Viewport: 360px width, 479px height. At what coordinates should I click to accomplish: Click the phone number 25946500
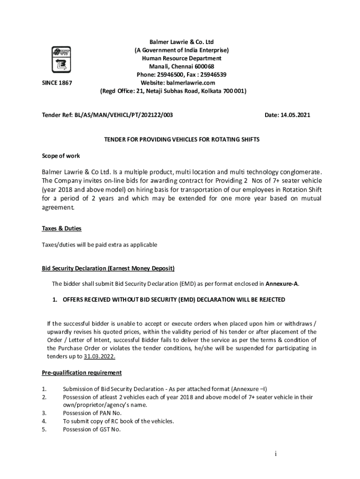[172, 75]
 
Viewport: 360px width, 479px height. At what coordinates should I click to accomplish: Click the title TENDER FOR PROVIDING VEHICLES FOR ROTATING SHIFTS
[181, 140]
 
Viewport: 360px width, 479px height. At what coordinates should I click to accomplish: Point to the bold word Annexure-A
[282, 283]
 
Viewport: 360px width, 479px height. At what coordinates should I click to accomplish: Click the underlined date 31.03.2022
[100, 356]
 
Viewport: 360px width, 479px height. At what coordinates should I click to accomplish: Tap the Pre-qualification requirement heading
[82, 373]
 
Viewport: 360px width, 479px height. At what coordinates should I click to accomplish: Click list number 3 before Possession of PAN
[44, 413]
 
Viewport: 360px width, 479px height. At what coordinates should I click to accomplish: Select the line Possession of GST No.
[92, 429]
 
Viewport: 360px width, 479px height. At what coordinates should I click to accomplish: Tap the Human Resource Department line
[181, 58]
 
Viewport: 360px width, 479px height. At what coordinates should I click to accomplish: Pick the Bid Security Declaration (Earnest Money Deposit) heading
[108, 268]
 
